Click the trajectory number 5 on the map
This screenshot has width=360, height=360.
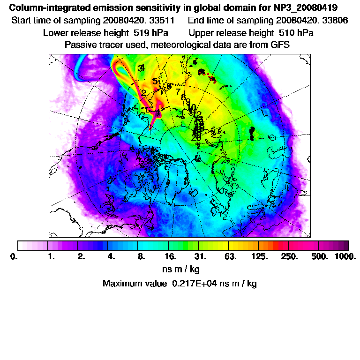[155, 81]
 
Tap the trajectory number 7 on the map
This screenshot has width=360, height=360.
[178, 92]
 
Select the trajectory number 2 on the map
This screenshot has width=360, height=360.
[143, 93]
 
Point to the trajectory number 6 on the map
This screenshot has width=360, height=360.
[169, 87]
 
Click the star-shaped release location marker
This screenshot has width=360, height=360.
[151, 127]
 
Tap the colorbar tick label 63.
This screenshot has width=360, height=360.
[230, 257]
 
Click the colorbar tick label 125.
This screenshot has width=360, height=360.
[260, 257]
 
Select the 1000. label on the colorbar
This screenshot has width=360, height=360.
[345, 257]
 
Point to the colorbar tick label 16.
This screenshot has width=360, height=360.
[171, 257]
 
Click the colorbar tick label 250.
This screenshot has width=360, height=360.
[289, 257]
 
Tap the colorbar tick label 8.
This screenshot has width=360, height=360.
[140, 257]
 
